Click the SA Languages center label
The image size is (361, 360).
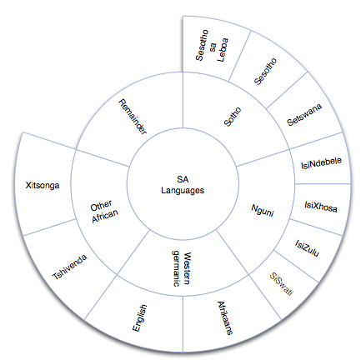(183, 185)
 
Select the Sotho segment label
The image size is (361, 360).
(233, 117)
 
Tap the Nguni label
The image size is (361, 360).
(263, 210)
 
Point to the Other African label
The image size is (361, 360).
(104, 212)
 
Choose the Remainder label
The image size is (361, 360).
(133, 117)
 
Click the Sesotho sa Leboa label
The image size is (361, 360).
(212, 46)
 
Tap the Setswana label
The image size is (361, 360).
(304, 114)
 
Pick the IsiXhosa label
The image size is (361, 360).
(321, 207)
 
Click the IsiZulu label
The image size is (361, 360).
(307, 248)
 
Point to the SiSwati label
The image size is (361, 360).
(281, 284)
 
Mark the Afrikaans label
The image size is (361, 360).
(224, 318)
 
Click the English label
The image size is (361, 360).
(140, 318)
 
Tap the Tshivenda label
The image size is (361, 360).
(70, 267)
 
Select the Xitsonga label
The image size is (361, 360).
(43, 185)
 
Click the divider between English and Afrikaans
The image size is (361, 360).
(183, 324)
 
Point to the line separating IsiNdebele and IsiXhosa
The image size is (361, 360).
(323, 183)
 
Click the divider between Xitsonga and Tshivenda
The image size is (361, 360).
(49, 227)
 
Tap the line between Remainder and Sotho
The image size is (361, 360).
(183, 100)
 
